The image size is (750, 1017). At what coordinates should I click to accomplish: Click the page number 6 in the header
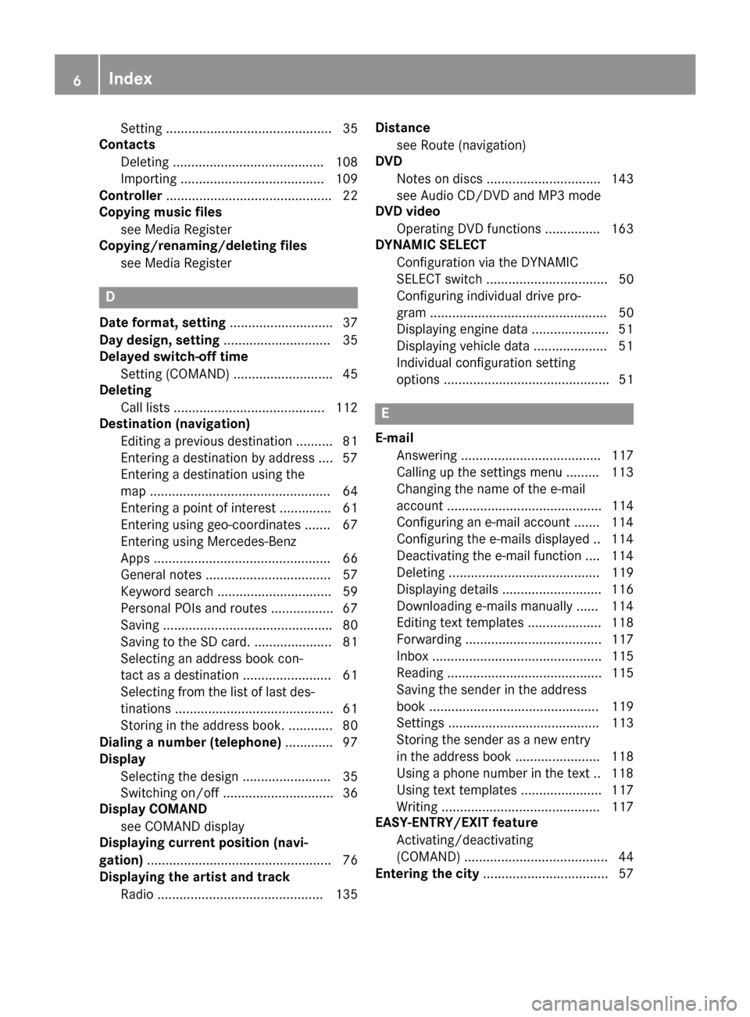pos(77,79)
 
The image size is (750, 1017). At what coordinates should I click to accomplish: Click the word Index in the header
pos(130,79)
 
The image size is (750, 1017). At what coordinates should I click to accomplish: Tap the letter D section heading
pos(110,298)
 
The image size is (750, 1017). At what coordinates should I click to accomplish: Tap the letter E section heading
pos(385,414)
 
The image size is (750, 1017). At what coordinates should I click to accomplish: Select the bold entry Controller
pos(130,195)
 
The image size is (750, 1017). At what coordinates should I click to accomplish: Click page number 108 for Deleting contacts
pos(346,162)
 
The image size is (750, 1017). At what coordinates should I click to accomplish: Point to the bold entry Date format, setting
pos(162,323)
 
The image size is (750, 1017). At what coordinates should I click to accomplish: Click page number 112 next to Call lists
pos(346,407)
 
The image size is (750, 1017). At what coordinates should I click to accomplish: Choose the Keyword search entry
pos(166,591)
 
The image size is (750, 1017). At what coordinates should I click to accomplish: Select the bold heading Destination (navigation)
pos(174,423)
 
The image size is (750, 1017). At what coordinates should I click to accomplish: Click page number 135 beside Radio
pos(346,894)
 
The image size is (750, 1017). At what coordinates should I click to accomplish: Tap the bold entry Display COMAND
pos(153,809)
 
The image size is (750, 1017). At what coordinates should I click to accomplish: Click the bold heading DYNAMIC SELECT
pos(430,244)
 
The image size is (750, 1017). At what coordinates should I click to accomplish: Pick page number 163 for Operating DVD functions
pos(622,229)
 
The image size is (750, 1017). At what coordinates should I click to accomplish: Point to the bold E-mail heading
pos(395,438)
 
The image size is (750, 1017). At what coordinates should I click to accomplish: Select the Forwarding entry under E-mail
pos(429,639)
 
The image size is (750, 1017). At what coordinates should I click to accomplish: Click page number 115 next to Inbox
pos(622,656)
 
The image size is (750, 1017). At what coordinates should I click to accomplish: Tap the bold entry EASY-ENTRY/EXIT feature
pos(456,823)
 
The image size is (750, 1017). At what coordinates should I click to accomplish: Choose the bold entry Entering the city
pos(427,873)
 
